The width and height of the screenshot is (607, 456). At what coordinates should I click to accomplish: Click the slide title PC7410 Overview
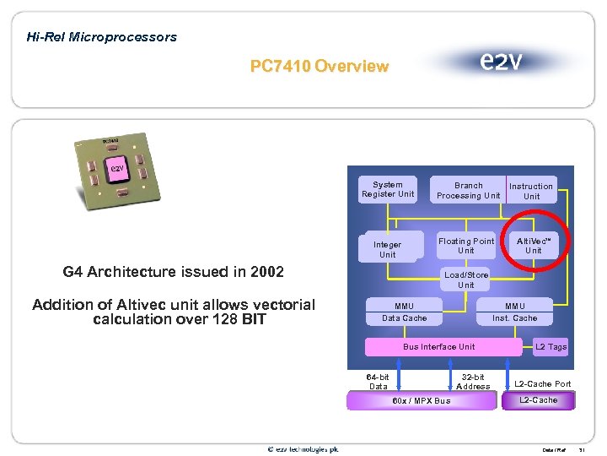[320, 66]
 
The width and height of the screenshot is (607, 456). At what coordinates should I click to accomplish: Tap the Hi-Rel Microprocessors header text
[102, 37]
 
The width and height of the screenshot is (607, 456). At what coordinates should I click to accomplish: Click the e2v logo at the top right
[500, 62]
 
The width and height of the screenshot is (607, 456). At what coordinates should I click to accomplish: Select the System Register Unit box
[388, 190]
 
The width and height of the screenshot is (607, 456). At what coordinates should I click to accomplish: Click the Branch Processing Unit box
[468, 191]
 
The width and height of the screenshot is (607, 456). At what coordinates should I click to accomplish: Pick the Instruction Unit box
[531, 192]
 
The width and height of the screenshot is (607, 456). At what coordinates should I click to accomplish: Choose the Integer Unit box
[388, 249]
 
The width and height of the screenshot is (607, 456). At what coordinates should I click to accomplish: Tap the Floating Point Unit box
[466, 246]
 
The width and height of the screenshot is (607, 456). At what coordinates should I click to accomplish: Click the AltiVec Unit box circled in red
[534, 246]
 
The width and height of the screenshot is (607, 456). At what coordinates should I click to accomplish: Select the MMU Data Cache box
[404, 312]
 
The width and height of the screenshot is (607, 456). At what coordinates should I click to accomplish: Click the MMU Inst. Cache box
[514, 312]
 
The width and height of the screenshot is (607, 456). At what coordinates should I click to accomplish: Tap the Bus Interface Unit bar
[439, 347]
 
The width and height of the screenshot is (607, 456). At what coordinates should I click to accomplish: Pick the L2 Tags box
[551, 347]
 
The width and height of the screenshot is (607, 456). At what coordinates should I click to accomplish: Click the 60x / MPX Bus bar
[422, 400]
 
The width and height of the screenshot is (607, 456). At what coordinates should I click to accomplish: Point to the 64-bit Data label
[378, 382]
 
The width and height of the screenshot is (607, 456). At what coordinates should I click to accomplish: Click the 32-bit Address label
[473, 382]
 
